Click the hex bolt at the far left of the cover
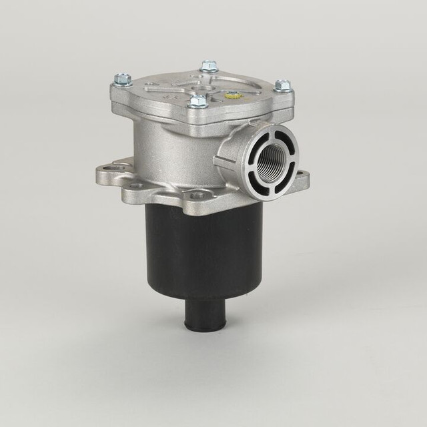click(122, 79)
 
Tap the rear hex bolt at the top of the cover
click(209, 66)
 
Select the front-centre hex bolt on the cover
click(197, 101)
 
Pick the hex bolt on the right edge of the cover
click(283, 85)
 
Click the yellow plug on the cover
click(232, 95)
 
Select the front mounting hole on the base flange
click(197, 195)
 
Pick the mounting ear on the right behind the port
click(302, 179)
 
